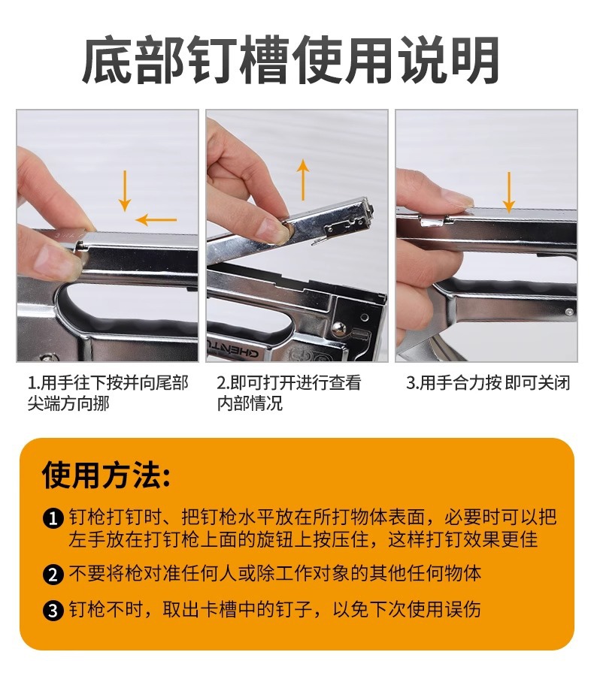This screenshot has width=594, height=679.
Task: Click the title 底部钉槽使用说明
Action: pos(290,61)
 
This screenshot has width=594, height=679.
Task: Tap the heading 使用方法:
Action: pos(106,475)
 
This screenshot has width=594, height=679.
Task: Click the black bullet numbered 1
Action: pos(53,518)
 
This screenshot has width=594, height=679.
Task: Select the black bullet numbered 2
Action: pos(53,575)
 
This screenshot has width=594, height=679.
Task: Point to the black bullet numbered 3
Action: pos(53,610)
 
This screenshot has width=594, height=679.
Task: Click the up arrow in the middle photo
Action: pos(303,180)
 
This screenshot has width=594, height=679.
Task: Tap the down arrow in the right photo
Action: pos(508,192)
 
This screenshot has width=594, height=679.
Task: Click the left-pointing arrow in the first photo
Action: pos(156,220)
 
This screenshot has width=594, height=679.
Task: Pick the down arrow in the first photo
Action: pos(125,191)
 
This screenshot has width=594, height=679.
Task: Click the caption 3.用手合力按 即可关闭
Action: pos(488,383)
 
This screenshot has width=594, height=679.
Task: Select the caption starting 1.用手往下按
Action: pos(108,393)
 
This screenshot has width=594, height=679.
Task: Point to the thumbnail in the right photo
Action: pos(459,200)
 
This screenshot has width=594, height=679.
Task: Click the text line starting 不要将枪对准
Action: pos(275,574)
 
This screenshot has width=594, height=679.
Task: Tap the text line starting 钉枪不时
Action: pos(275,610)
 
